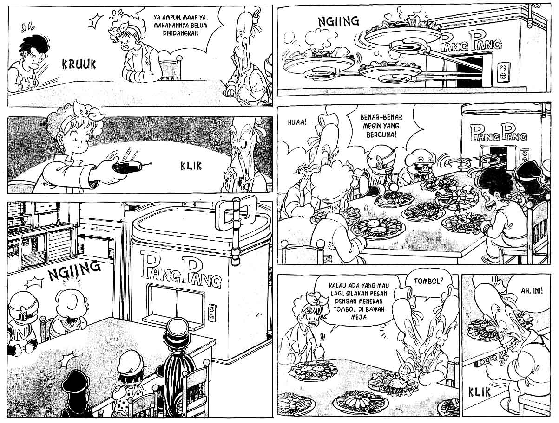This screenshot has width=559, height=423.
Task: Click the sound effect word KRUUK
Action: coord(79,64)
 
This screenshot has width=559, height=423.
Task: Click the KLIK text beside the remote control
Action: coord(191,166)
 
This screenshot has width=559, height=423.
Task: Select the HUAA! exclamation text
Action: coord(297,122)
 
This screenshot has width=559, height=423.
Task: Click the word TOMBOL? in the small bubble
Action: coord(428,281)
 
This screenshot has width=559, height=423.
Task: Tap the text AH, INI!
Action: coord(532,291)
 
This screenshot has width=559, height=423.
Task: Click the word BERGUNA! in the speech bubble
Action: coord(381,135)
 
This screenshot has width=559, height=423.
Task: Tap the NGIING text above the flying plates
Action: coord(338,21)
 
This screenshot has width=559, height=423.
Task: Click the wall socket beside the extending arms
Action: coord(503,72)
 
